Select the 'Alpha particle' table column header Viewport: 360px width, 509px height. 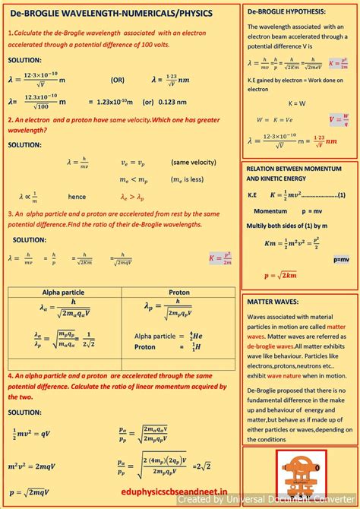(x=63, y=292)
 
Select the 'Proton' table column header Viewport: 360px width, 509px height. (x=179, y=292)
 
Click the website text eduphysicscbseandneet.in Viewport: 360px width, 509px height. (x=179, y=492)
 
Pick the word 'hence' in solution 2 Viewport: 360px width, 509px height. (x=77, y=196)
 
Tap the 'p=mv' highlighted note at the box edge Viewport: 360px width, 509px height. (x=342, y=259)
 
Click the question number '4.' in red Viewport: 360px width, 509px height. (x=11, y=375)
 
